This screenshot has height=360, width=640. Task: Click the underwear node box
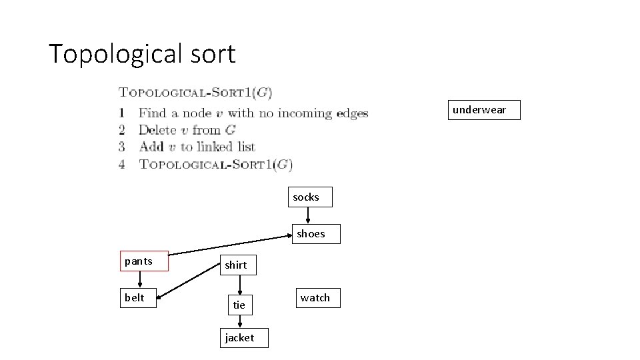point(480,110)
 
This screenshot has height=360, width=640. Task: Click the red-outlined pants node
point(144,261)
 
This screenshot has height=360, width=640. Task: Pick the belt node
point(140,298)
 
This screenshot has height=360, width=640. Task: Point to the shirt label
point(235,265)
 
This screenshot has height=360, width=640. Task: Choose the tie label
point(239,305)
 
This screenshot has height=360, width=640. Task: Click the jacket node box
point(239,338)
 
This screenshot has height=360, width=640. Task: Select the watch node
point(315,298)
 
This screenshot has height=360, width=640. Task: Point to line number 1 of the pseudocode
point(122,113)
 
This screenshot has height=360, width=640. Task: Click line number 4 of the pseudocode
point(122,163)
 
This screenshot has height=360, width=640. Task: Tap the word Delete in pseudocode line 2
point(157,130)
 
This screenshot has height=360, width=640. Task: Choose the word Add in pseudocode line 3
point(151,147)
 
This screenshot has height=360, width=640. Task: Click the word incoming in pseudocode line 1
point(305,113)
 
